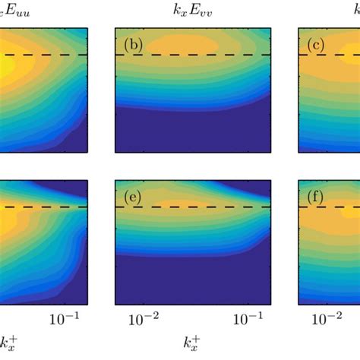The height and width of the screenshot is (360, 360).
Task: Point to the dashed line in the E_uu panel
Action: [x=46, y=55]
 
